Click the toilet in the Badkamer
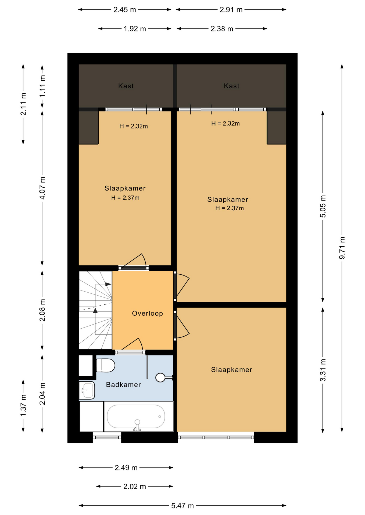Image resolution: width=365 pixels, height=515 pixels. [x=105, y=365]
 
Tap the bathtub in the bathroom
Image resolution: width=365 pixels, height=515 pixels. [x=136, y=416]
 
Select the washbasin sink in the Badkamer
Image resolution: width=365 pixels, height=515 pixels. [x=87, y=390]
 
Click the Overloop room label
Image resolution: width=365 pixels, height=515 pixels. [x=147, y=313]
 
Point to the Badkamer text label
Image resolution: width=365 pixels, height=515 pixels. [x=123, y=385]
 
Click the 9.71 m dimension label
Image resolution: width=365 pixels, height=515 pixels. [x=342, y=248]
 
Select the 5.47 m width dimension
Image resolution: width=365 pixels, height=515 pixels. [x=182, y=506]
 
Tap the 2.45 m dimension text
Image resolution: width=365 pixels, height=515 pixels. [x=124, y=10]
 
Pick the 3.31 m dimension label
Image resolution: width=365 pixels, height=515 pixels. [x=323, y=370]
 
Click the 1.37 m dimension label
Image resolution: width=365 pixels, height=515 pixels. [x=23, y=406]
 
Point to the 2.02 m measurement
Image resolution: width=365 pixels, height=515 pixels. [x=135, y=486]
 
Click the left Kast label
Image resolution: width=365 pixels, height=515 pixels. [x=126, y=86]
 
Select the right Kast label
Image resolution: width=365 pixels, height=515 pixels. [x=231, y=86]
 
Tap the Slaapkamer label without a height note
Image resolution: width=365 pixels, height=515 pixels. [x=231, y=370]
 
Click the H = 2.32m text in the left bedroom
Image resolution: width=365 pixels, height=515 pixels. [x=134, y=126]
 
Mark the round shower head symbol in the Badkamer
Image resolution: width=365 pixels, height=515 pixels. [x=160, y=378]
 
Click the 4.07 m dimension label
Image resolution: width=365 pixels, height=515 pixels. [x=42, y=188]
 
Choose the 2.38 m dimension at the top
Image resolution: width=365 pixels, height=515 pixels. [x=222, y=29]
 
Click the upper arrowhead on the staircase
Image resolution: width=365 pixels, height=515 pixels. [x=108, y=284]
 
